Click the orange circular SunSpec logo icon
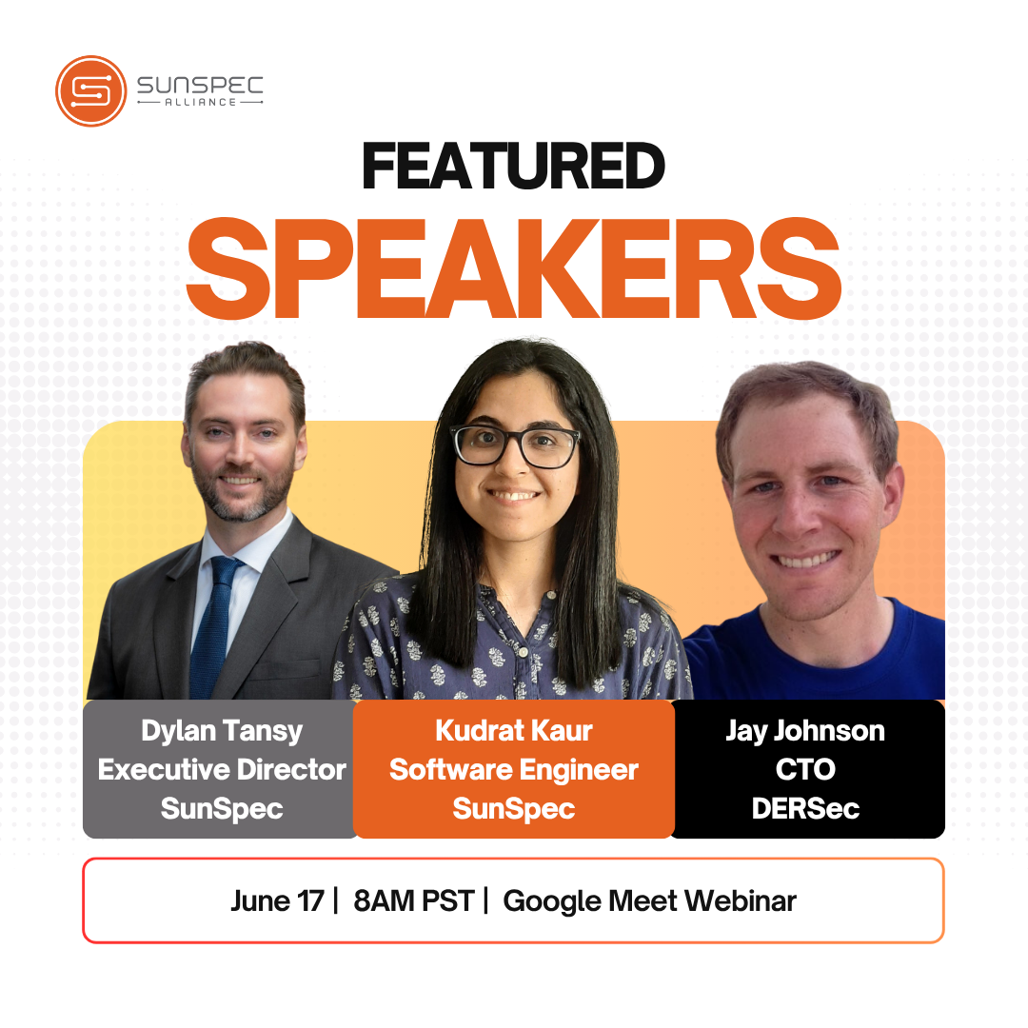(91, 90)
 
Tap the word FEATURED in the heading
(513, 167)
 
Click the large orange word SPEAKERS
(514, 268)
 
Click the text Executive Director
(222, 770)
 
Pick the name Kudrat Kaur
(514, 730)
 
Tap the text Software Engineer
(514, 770)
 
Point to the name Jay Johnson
(805, 731)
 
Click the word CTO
(805, 770)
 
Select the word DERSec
(805, 808)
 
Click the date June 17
(277, 901)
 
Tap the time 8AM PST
(414, 901)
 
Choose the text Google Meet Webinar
(650, 901)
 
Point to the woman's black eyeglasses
(515, 445)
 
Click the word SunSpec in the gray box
(222, 809)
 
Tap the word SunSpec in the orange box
(514, 809)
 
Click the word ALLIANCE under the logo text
(200, 102)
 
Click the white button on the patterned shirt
(524, 652)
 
